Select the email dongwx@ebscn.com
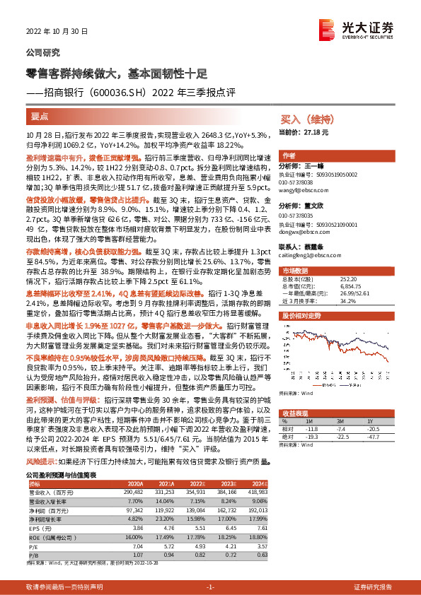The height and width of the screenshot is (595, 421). point(303,231)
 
